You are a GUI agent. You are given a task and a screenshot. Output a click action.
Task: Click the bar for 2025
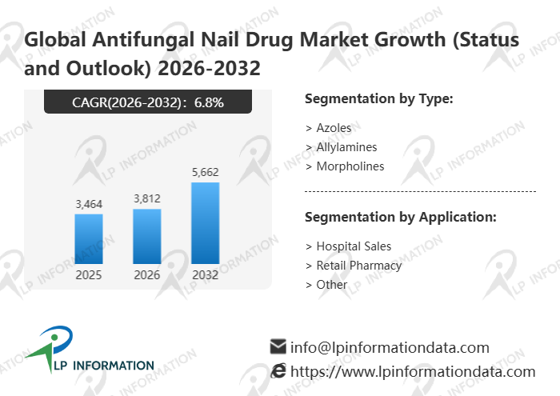tap(89, 238)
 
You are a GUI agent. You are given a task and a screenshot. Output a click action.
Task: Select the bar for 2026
tap(147, 236)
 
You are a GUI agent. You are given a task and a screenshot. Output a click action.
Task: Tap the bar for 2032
tap(206, 223)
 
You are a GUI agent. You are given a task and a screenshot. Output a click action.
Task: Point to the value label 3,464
tap(89, 205)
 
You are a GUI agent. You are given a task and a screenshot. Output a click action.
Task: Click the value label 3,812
tap(147, 199)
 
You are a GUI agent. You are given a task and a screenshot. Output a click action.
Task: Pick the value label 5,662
tap(206, 172)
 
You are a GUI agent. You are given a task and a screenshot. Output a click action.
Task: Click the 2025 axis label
tap(89, 275)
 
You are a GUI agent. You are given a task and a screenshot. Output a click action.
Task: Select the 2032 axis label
tap(206, 275)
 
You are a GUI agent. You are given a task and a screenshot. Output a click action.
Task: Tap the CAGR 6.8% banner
tap(148, 102)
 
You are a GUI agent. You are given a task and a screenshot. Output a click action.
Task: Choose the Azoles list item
tap(333, 128)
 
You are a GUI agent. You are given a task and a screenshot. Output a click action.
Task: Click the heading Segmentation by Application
tap(401, 218)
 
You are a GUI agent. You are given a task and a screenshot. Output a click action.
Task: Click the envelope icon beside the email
tap(278, 347)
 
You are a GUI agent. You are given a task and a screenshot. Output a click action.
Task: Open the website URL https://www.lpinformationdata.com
tap(412, 371)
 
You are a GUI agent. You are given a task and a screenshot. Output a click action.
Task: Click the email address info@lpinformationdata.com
tap(390, 347)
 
